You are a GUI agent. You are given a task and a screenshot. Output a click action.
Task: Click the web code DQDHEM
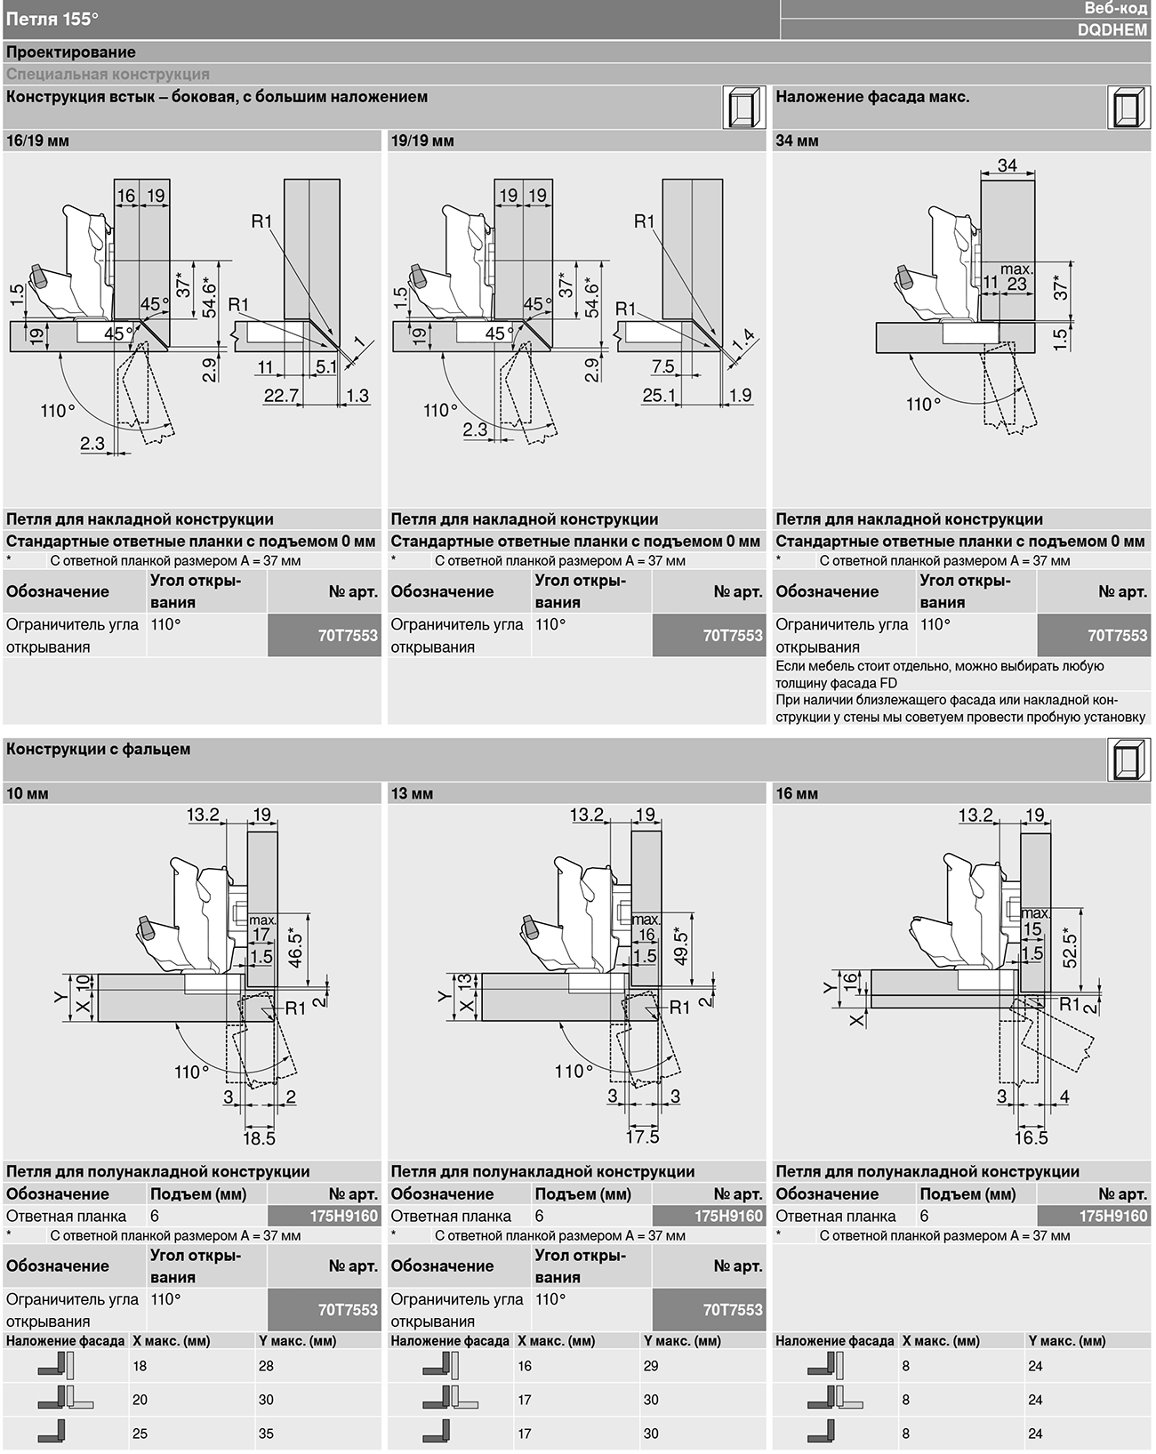(1112, 30)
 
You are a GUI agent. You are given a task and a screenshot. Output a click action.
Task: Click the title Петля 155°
(52, 19)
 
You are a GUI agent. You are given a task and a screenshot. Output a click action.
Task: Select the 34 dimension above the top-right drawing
(1007, 165)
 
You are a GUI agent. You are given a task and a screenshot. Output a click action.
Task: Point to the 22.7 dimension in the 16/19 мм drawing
(281, 395)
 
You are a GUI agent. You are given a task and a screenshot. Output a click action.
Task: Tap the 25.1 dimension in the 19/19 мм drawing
(659, 395)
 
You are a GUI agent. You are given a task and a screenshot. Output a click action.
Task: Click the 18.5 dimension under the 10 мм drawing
(259, 1138)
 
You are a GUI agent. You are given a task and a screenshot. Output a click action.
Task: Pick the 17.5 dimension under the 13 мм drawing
(642, 1137)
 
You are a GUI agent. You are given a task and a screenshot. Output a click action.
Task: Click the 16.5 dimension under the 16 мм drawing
(1031, 1137)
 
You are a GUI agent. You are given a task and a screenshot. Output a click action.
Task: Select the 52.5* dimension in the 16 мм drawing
(1070, 948)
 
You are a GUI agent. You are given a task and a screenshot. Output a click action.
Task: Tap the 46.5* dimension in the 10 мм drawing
(295, 948)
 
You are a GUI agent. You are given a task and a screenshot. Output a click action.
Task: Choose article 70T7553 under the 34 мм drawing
(1118, 635)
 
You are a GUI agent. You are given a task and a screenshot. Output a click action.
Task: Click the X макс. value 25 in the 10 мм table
(140, 1434)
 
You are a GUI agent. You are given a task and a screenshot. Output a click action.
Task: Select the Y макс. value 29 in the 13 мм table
(651, 1366)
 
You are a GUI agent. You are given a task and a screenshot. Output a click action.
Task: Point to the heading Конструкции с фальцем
(98, 749)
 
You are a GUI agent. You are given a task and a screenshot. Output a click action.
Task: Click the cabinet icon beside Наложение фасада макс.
(1129, 108)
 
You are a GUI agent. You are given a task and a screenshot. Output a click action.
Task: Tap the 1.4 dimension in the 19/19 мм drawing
(743, 341)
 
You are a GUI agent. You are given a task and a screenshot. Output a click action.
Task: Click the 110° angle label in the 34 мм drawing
(924, 405)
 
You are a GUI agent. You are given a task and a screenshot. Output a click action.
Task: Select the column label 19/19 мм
(422, 141)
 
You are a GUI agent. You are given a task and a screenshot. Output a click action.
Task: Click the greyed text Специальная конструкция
(108, 75)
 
